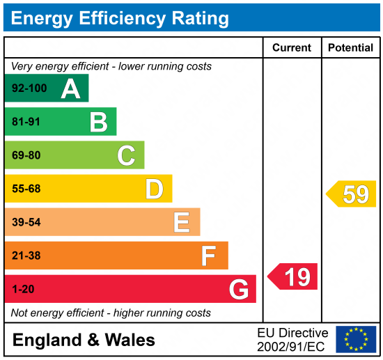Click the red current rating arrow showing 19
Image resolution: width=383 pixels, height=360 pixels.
pos(292,276)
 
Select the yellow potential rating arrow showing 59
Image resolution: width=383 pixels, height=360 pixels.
pos(351,194)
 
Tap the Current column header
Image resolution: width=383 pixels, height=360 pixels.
pos(292,47)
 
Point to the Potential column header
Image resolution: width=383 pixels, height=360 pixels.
pos(350,47)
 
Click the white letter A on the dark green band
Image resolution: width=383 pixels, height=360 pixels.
pos(70,89)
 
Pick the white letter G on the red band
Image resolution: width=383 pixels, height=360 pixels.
pos(239,290)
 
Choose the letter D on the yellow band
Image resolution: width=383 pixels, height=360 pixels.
pos(155,189)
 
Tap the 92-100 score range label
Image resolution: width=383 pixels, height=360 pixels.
pos(29,88)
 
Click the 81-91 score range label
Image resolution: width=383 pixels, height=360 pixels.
pos(26,122)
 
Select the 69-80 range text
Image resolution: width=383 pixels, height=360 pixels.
pos(26,155)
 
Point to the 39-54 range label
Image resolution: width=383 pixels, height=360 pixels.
pos(26,222)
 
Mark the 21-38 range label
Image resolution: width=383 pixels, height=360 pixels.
pos(26,256)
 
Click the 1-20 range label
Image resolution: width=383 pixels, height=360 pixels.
pos(23,289)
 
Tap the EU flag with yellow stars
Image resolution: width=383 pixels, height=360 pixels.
pos(356,339)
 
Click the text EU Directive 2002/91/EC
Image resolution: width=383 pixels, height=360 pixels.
pos(292,340)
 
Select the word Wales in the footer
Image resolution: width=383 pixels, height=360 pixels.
pos(130,340)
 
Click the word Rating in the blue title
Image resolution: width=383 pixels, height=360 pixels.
pos(201,18)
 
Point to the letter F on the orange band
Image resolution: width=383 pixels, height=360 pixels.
pos(209,256)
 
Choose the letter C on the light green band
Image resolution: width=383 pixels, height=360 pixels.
pos(126,155)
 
